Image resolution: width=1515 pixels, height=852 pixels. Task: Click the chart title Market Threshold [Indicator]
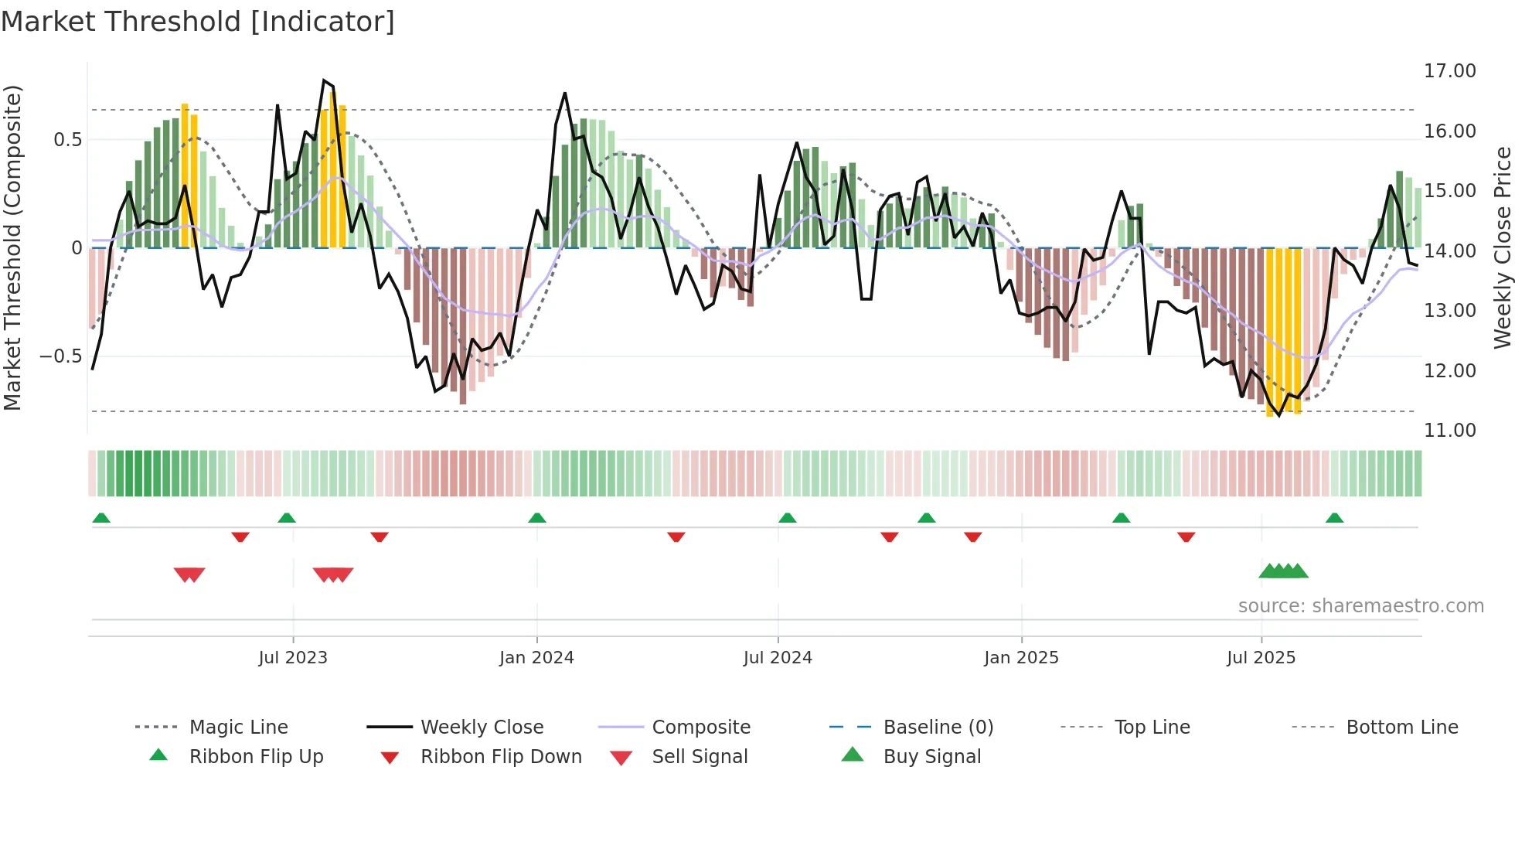tap(198, 22)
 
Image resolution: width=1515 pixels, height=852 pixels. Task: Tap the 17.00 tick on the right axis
tap(1449, 71)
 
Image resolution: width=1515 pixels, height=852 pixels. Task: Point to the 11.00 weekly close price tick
tap(1449, 431)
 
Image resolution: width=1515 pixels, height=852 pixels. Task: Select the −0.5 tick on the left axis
tap(60, 356)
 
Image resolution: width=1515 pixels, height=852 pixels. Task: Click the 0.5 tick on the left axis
tap(67, 140)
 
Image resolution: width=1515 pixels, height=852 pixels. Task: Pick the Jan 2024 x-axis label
tap(536, 658)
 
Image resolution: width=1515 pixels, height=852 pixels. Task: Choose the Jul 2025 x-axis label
tap(1261, 658)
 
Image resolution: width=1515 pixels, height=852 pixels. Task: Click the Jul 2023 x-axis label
tap(293, 658)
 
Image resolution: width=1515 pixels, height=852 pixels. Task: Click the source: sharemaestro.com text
tap(1360, 606)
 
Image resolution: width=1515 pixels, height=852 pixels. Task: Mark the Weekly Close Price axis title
tap(1502, 247)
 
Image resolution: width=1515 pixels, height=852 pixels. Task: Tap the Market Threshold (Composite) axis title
tap(12, 247)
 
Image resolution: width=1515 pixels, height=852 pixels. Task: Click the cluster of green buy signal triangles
tap(1283, 571)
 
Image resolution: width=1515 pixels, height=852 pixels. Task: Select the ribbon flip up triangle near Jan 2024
tap(537, 518)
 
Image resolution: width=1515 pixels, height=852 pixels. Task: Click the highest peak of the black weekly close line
tap(324, 80)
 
